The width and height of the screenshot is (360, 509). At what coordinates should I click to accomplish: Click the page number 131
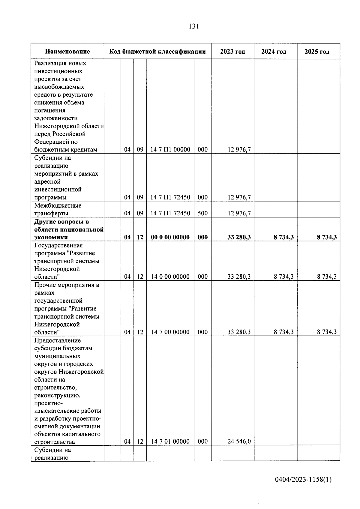click(194, 26)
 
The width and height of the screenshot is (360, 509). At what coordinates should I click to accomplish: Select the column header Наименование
click(67, 52)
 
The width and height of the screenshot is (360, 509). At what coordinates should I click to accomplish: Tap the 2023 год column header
click(232, 52)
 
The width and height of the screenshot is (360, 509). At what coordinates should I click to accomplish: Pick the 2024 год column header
click(274, 52)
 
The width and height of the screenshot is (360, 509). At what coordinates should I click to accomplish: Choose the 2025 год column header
click(317, 52)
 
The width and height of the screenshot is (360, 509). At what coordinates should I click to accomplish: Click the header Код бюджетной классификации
click(157, 52)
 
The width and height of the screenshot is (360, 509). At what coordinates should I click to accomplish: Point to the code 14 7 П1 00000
click(170, 149)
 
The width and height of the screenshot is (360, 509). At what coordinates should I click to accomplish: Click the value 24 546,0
click(239, 441)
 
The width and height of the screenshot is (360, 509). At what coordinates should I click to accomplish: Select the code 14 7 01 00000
click(170, 441)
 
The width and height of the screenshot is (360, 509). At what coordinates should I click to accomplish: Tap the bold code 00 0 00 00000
click(170, 237)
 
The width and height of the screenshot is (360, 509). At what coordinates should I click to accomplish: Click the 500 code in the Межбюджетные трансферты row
click(203, 213)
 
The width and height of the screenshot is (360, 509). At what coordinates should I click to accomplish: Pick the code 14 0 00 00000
click(170, 277)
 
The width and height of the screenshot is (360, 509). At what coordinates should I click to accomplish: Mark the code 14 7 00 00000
click(170, 332)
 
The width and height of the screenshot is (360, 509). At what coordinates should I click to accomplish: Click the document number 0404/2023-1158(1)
click(303, 480)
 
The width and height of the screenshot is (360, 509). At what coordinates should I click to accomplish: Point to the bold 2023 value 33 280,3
click(239, 237)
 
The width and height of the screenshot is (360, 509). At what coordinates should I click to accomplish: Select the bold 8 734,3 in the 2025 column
click(327, 237)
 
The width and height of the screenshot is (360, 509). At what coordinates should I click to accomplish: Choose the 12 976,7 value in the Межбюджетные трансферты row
click(239, 213)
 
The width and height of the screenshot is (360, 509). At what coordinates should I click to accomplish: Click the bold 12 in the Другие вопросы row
click(140, 237)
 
